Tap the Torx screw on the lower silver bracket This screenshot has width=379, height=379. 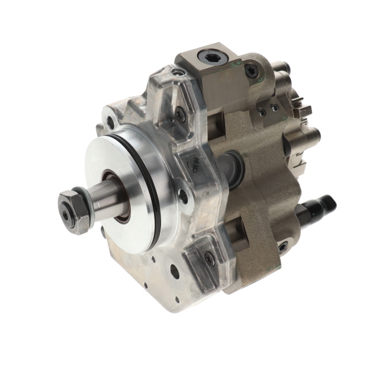(209, 258)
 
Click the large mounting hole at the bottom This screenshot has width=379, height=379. (175, 272)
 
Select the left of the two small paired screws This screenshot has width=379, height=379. (262, 110)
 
